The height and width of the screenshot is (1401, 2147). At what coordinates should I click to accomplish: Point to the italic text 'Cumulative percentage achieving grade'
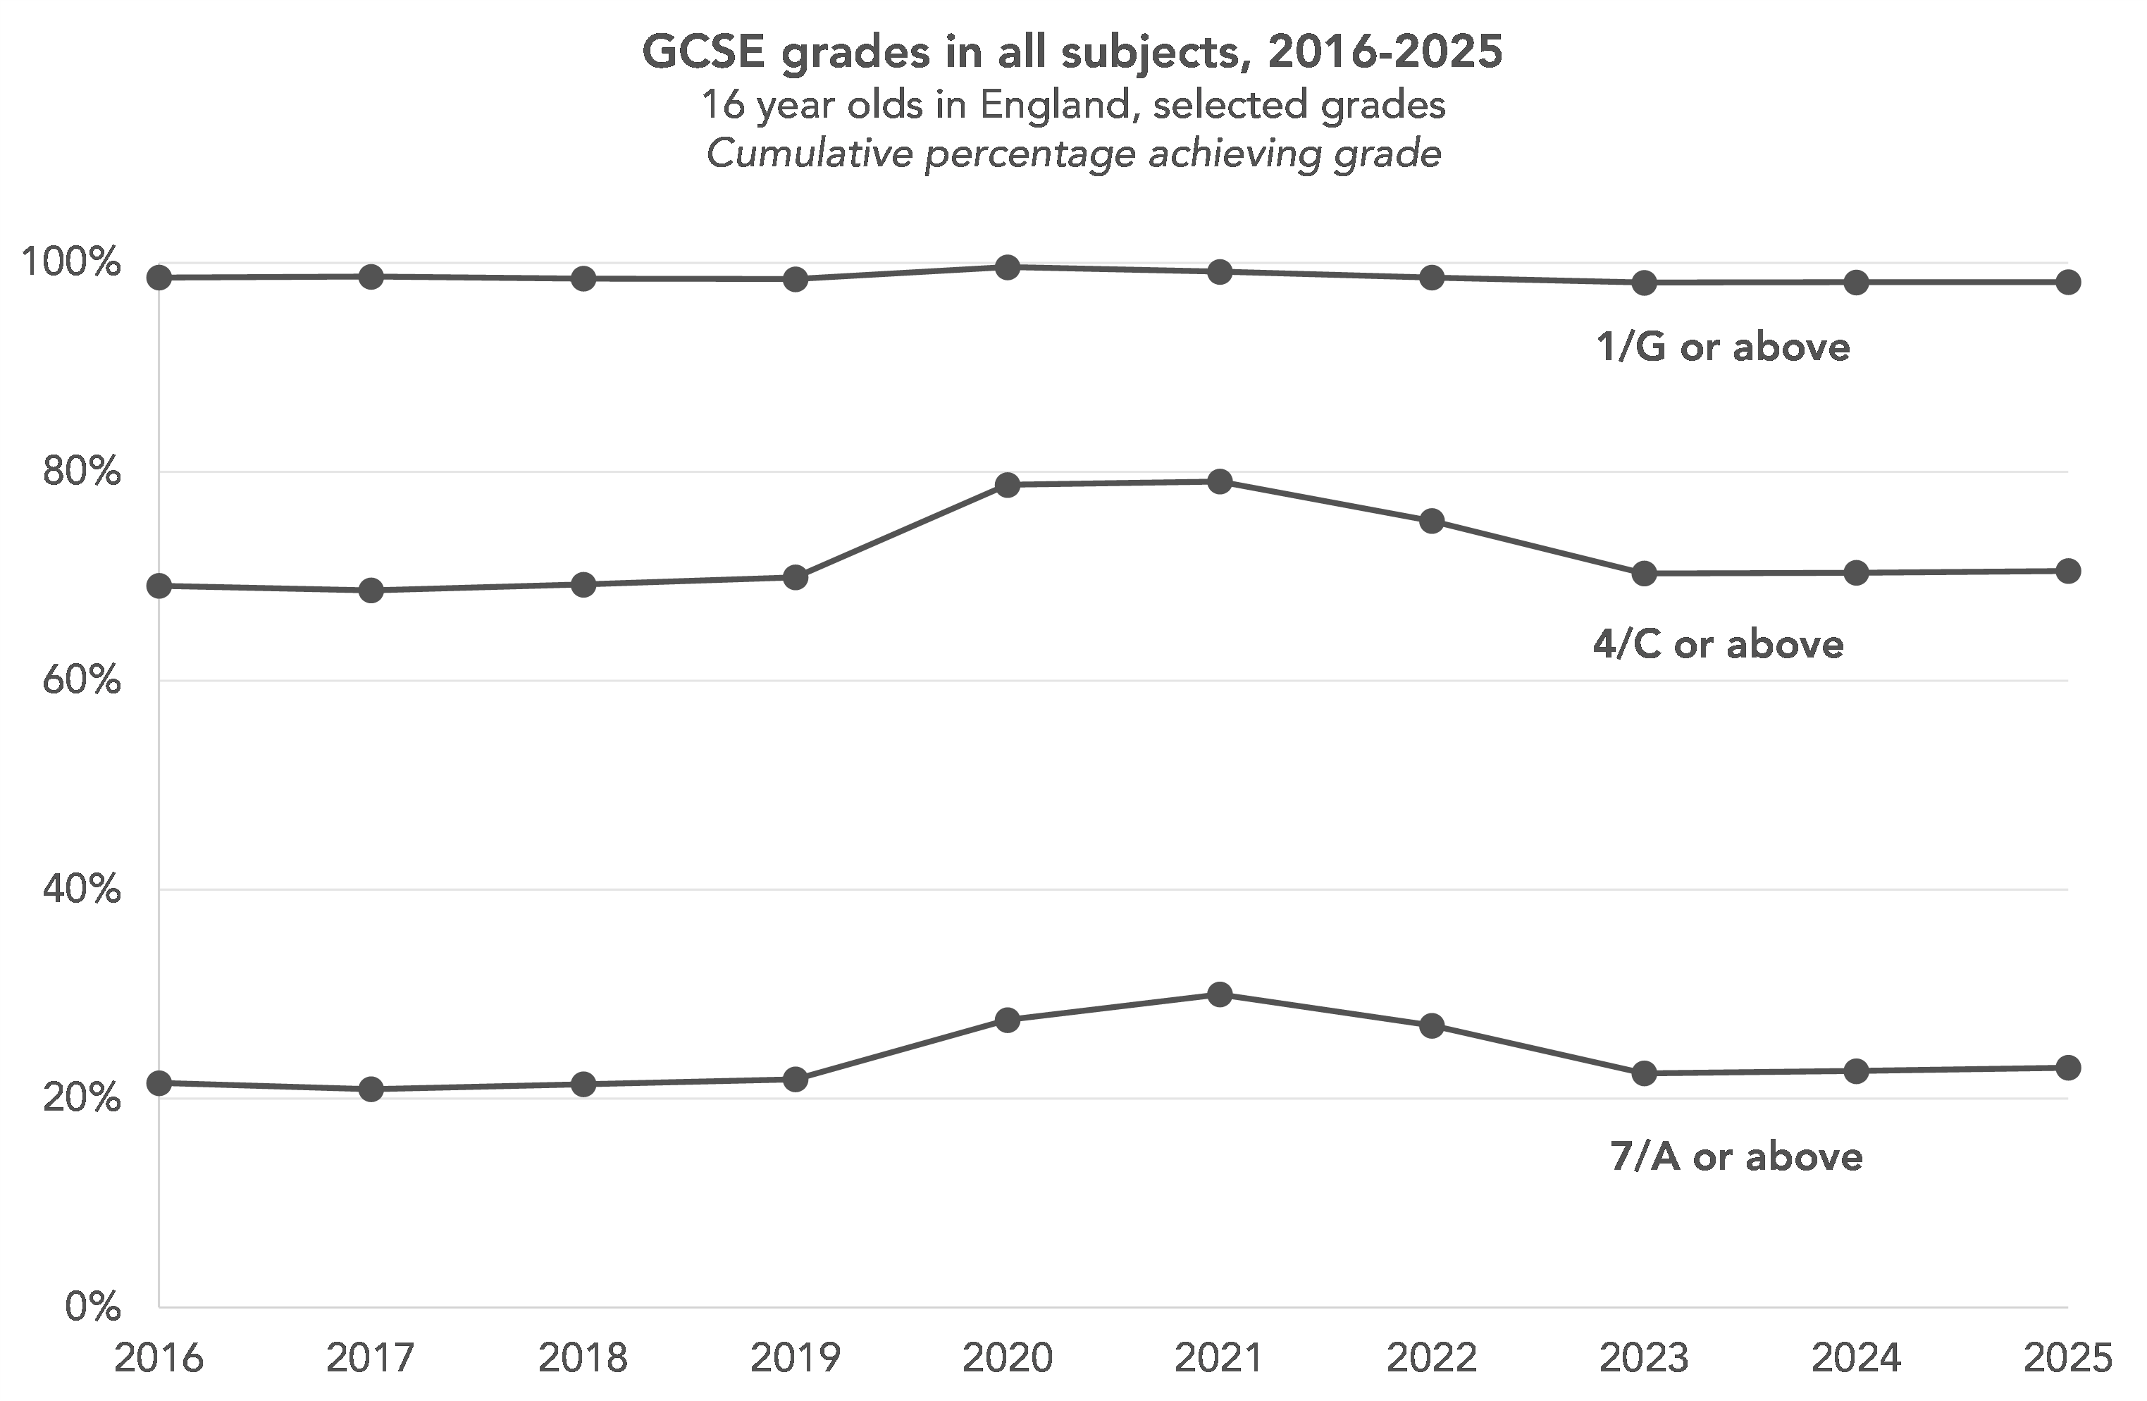pos(1072,154)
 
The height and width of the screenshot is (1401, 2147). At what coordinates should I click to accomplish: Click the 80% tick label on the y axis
pos(81,471)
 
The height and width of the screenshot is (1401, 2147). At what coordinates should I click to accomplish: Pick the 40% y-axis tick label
pos(81,890)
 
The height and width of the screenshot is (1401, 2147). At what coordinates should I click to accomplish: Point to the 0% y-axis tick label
pos(92,1307)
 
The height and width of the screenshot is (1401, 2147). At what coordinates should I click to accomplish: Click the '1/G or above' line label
pos(1723,347)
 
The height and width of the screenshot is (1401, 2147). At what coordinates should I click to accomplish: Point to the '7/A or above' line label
pos(1736,1157)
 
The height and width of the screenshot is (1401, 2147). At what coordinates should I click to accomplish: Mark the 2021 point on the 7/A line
pos(1220,995)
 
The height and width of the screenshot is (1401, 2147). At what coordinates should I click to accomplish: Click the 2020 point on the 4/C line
pos(1008,486)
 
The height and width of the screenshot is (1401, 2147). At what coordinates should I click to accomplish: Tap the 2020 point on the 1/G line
pos(1008,267)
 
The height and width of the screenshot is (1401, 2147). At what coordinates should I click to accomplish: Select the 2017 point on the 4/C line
pos(371,591)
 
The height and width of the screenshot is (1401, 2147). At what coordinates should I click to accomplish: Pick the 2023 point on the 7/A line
pos(1645,1073)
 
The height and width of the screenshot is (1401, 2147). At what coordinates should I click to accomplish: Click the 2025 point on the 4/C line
pos(2067,571)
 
